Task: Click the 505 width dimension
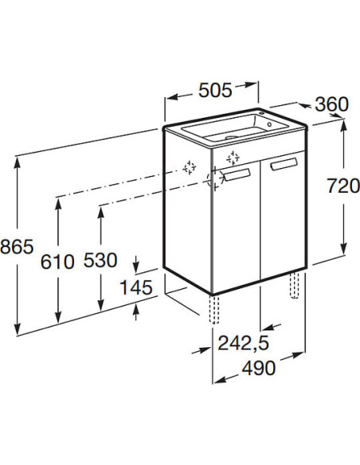pyautogui.click(x=215, y=90)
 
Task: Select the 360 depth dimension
pyautogui.click(x=332, y=104)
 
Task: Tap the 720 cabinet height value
pyautogui.click(x=343, y=186)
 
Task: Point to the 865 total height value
pyautogui.click(x=17, y=247)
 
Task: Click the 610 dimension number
pyautogui.click(x=57, y=262)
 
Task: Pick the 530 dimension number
pyautogui.click(x=100, y=260)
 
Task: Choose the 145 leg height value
pyautogui.click(x=136, y=287)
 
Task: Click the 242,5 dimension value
pyautogui.click(x=244, y=343)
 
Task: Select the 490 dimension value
pyautogui.click(x=259, y=369)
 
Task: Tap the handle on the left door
pyautogui.click(x=237, y=174)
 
